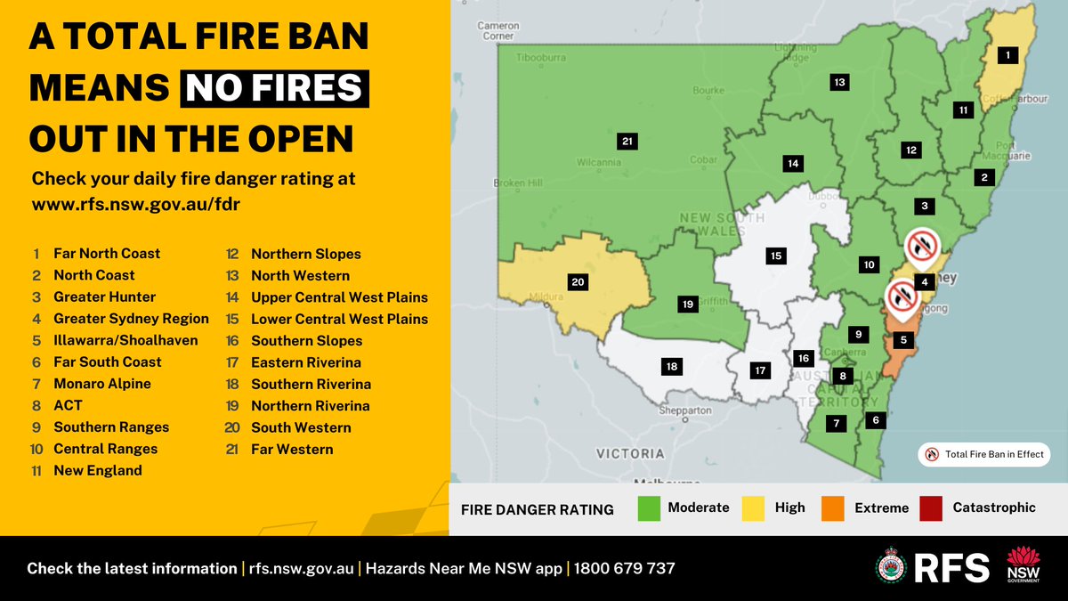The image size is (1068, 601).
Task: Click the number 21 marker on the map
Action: pyautogui.click(x=627, y=141)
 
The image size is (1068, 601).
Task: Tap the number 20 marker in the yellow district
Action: pyautogui.click(x=578, y=282)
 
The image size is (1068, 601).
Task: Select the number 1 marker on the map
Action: pyautogui.click(x=1007, y=55)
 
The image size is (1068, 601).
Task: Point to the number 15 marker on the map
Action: pyautogui.click(x=776, y=256)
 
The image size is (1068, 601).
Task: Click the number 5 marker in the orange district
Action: pyautogui.click(x=904, y=339)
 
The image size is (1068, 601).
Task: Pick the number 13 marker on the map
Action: pyautogui.click(x=839, y=82)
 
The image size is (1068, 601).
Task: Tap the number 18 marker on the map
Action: pyautogui.click(x=672, y=366)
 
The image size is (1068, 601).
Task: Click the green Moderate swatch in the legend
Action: pyautogui.click(x=649, y=508)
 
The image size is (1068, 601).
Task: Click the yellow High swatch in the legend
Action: pyautogui.click(x=755, y=508)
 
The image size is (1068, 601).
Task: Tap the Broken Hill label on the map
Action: pyautogui.click(x=518, y=183)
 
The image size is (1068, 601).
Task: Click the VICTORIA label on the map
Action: pyautogui.click(x=631, y=452)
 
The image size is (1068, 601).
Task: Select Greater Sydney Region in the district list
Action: pyautogui.click(x=131, y=319)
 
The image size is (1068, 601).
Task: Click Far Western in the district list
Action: pyautogui.click(x=292, y=450)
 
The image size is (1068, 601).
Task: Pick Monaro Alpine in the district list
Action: pyautogui.click(x=102, y=384)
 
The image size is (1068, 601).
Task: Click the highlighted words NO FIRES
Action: pyautogui.click(x=274, y=88)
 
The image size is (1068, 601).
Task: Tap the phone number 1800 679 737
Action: pyautogui.click(x=624, y=568)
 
